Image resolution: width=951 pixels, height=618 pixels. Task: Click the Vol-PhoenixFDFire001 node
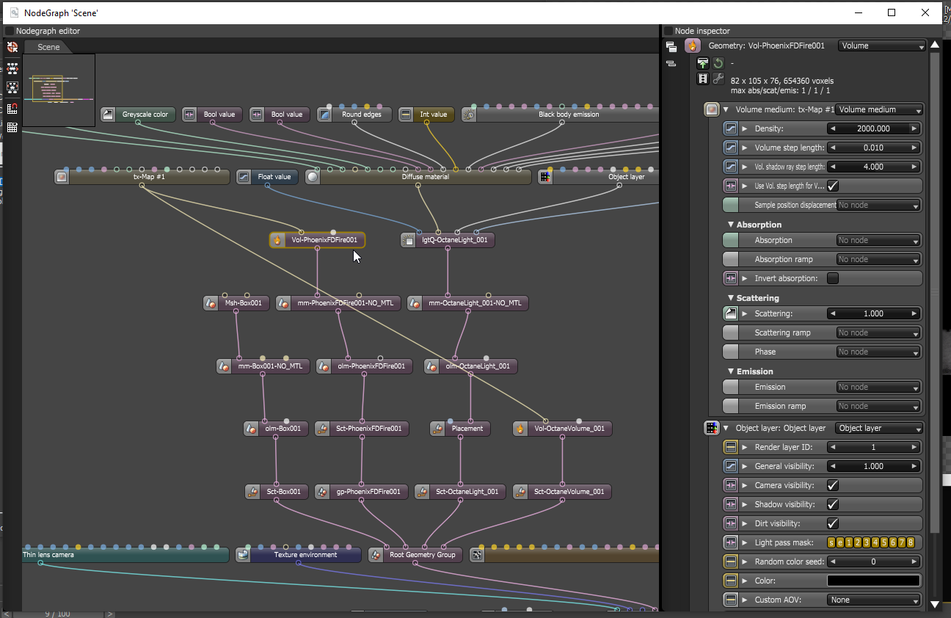pos(324,240)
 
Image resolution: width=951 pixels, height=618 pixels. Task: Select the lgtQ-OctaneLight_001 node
pos(454,240)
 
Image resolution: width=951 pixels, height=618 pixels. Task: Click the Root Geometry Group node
pos(422,555)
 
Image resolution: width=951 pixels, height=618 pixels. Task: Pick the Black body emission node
pos(568,114)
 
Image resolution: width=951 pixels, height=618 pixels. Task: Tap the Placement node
pos(467,429)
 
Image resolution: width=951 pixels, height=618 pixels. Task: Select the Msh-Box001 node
pos(243,303)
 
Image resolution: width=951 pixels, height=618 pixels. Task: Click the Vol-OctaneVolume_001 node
pos(569,429)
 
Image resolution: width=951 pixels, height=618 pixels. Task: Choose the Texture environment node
pos(305,555)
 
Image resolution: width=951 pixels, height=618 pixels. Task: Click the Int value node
pos(433,114)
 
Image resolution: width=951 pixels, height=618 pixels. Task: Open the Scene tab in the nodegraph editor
pos(48,47)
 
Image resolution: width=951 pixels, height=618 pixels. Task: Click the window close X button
pos(925,12)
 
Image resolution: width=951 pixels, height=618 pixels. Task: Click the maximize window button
pos(892,12)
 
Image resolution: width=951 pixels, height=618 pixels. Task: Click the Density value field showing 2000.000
pos(873,128)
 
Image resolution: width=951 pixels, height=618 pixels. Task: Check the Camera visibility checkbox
pos(833,485)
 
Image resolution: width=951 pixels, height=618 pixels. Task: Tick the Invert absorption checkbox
pos(833,278)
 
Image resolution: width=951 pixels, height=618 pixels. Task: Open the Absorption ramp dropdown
pos(878,259)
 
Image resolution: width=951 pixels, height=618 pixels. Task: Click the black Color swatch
pos(873,581)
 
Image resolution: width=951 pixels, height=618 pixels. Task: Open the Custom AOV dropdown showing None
pos(873,600)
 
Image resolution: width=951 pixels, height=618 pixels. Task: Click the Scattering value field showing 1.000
pos(873,313)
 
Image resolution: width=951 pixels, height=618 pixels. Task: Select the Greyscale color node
pos(145,114)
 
